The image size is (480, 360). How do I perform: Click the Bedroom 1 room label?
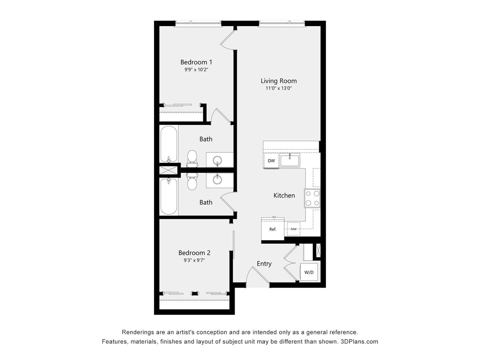(x=196, y=62)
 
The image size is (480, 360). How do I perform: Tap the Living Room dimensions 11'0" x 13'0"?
(x=279, y=88)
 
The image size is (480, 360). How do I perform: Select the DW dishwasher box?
(x=271, y=161)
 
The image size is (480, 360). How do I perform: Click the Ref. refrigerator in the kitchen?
(x=273, y=229)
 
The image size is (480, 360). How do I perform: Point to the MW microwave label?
(x=294, y=229)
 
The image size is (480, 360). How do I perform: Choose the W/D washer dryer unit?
(x=309, y=272)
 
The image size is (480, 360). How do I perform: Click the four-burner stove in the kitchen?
(x=312, y=198)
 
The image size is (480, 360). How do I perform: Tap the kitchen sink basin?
(x=290, y=160)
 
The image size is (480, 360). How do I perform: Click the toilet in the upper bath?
(x=192, y=157)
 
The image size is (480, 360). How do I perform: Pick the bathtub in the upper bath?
(x=169, y=144)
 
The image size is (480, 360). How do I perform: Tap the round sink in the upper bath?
(x=218, y=161)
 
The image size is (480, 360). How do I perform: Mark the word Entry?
(x=264, y=264)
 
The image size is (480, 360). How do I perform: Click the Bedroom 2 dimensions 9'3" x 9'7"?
(x=194, y=260)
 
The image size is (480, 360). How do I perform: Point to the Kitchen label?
(x=284, y=195)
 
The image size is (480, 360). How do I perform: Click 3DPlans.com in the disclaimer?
(x=359, y=342)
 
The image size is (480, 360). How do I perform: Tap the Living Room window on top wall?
(x=282, y=23)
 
